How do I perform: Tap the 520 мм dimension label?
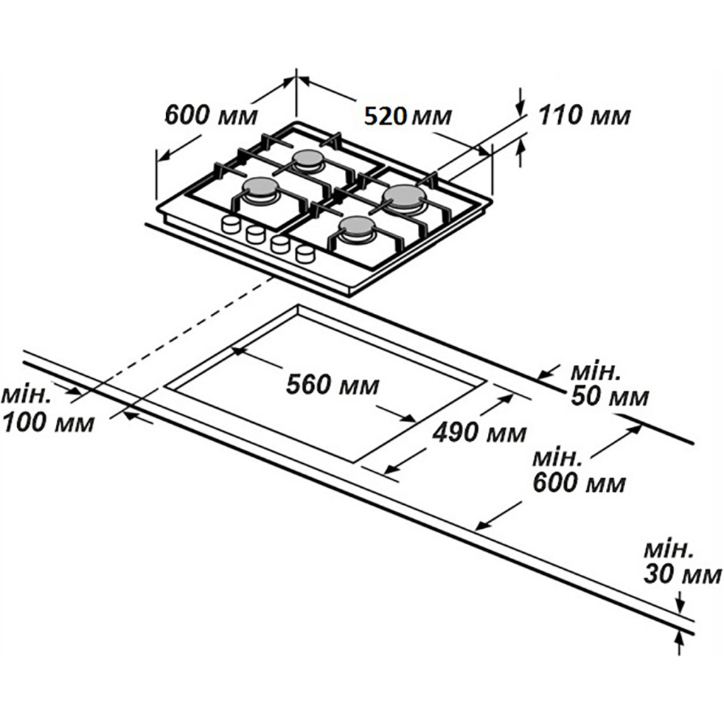[x=407, y=115]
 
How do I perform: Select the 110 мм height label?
[x=584, y=115]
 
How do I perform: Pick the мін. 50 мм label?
[x=608, y=385]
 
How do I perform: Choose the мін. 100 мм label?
[x=47, y=410]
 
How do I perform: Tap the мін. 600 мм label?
[x=580, y=470]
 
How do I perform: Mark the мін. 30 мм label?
[x=672, y=563]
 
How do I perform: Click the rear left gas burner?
[x=309, y=160]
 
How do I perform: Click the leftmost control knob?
[x=231, y=225]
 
